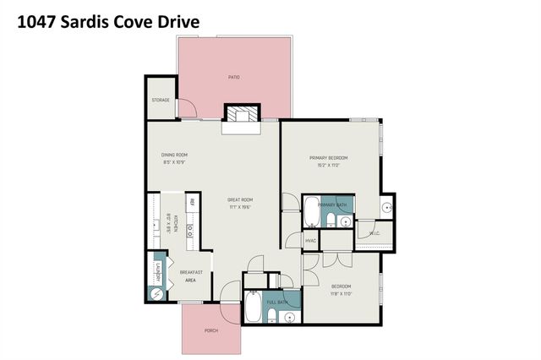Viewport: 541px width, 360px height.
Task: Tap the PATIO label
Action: [234, 77]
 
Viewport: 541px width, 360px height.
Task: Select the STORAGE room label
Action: [161, 100]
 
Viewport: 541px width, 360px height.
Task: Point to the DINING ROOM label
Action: [174, 155]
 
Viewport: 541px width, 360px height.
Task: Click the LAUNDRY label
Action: [157, 273]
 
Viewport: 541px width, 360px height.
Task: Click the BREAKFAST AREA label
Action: [190, 275]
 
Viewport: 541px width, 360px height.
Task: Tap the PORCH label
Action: [211, 330]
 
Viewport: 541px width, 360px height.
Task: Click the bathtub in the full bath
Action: [252, 310]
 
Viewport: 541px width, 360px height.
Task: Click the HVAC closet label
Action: [311, 240]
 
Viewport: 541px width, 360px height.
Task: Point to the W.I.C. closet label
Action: [374, 233]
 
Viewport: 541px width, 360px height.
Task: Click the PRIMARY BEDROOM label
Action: [329, 158]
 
